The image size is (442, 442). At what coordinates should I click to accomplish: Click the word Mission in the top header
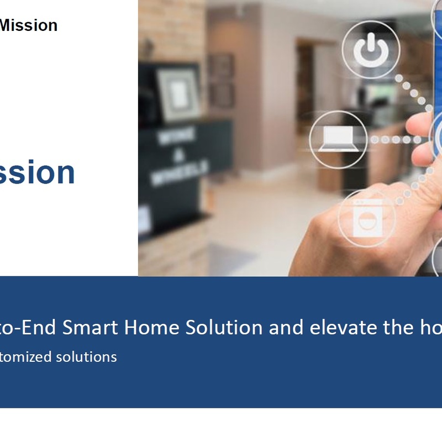[28, 25]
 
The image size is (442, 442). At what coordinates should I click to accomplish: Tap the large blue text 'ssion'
[37, 172]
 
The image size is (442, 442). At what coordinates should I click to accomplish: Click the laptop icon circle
[338, 139]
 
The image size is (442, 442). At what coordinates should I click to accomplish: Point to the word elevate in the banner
[344, 328]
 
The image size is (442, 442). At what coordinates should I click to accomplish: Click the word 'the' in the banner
[397, 328]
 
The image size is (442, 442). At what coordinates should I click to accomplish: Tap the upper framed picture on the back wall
[221, 65]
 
